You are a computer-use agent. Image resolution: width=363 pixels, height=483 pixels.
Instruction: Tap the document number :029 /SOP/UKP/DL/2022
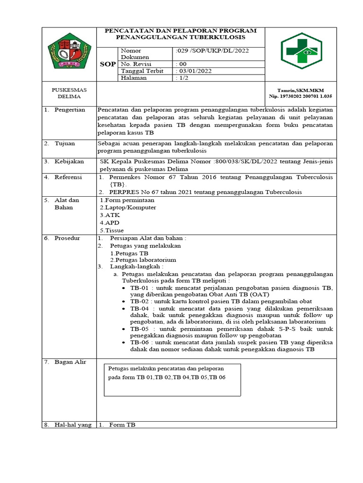pyautogui.click(x=212, y=50)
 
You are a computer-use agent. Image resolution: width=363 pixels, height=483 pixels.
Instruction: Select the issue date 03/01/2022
pyautogui.click(x=194, y=71)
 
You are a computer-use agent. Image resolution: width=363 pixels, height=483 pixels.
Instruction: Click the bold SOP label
pyautogui.click(x=108, y=64)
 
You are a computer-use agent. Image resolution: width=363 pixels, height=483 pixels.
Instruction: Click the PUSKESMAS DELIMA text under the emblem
pyautogui.click(x=69, y=93)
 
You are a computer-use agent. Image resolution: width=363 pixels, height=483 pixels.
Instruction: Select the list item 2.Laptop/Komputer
pyautogui.click(x=128, y=208)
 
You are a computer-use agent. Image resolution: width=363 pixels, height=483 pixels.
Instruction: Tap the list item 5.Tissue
pyautogui.click(x=112, y=231)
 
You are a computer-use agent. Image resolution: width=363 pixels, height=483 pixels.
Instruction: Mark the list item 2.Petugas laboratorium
pyautogui.click(x=143, y=260)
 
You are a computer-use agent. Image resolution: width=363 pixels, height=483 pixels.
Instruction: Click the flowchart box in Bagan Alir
pyautogui.click(x=172, y=380)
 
